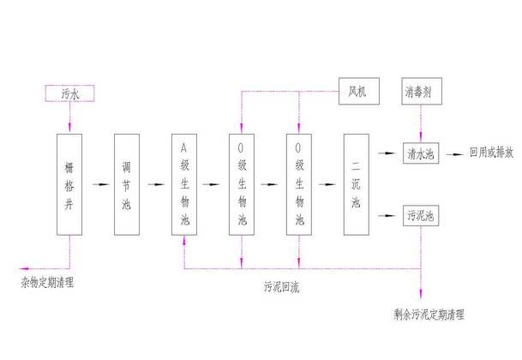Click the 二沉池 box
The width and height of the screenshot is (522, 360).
click(x=356, y=183)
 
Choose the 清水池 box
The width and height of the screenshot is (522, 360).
click(x=420, y=154)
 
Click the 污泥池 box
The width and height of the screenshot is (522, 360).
click(x=420, y=213)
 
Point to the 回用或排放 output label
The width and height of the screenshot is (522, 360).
click(x=491, y=154)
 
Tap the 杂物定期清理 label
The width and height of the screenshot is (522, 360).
click(x=47, y=282)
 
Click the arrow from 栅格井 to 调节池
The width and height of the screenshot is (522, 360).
click(x=100, y=184)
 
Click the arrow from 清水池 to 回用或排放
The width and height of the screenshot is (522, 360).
click(x=453, y=154)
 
